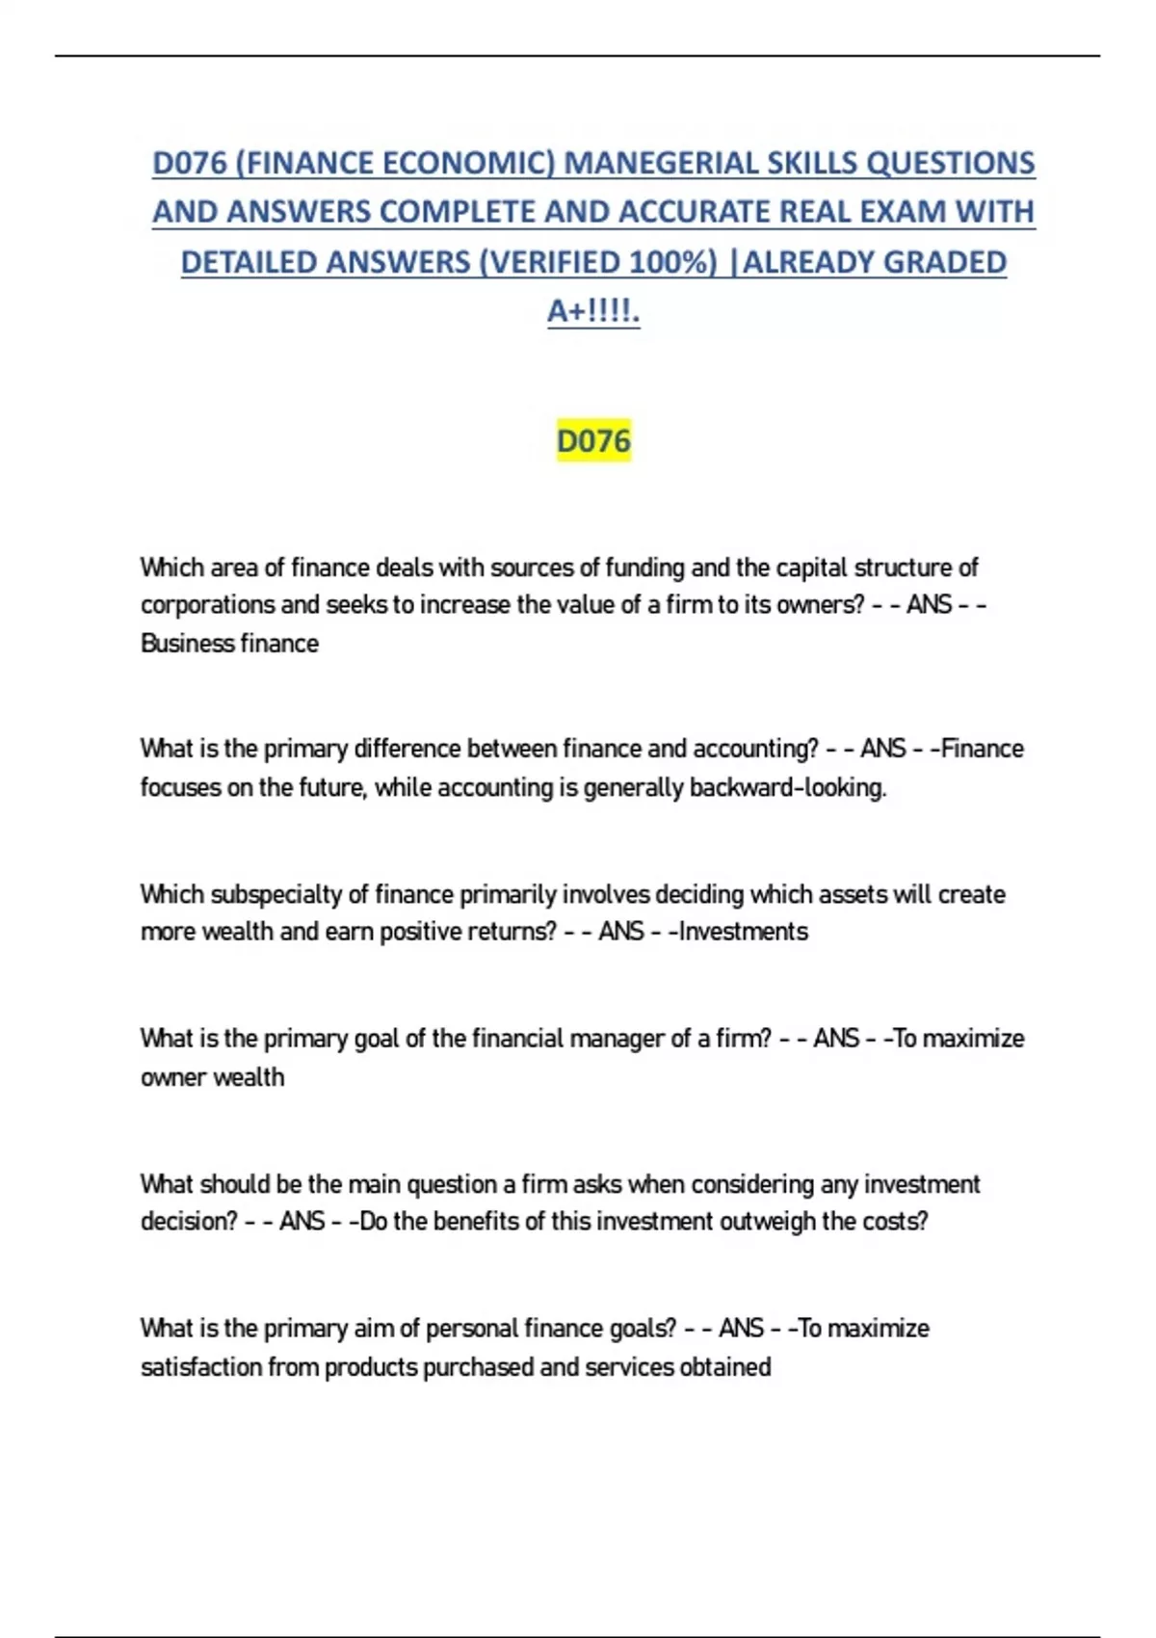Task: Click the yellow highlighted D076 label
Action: [x=593, y=441]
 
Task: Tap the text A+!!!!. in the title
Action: [x=593, y=311]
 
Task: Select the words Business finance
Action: [x=229, y=644]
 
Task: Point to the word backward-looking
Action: [x=787, y=788]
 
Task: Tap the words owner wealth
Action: [x=213, y=1077]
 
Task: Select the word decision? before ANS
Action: [x=189, y=1222]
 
